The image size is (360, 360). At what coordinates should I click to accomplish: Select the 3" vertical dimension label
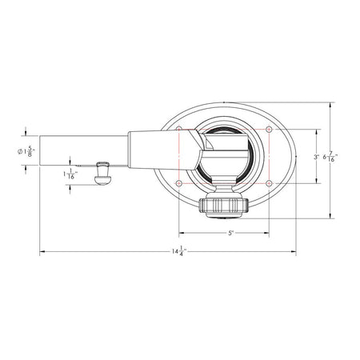(317, 157)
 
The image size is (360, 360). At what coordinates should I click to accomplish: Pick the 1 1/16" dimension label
(70, 174)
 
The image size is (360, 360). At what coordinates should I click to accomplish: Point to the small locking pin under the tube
(102, 173)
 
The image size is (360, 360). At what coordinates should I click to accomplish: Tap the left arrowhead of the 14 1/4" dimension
(42, 253)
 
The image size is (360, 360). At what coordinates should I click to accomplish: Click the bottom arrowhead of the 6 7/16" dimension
(332, 215)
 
